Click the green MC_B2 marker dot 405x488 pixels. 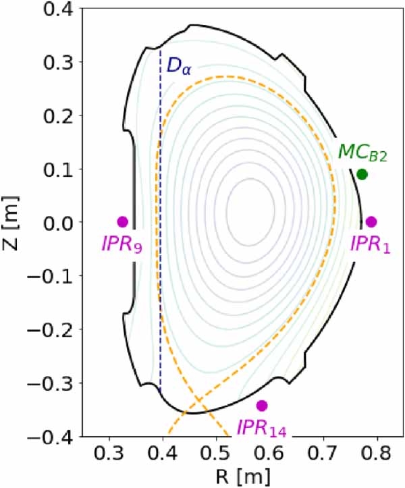click(x=362, y=174)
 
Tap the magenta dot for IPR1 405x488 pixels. click(x=371, y=221)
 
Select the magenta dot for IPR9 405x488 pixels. click(x=122, y=221)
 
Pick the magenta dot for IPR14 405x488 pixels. click(x=262, y=405)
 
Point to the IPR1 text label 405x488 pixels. click(x=370, y=244)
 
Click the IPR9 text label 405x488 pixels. click(x=122, y=244)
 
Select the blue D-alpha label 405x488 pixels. click(x=179, y=66)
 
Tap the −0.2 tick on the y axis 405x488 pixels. click(x=53, y=329)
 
